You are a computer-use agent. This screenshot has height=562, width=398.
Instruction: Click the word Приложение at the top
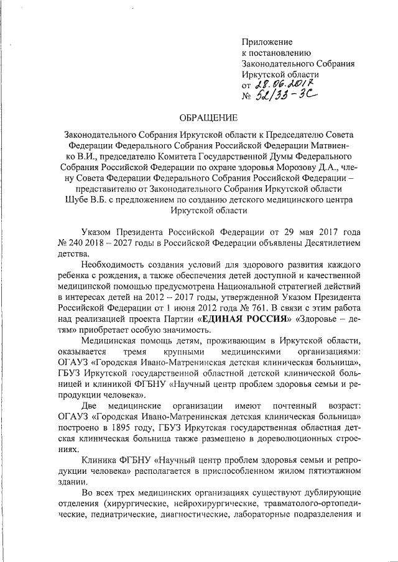point(267,42)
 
